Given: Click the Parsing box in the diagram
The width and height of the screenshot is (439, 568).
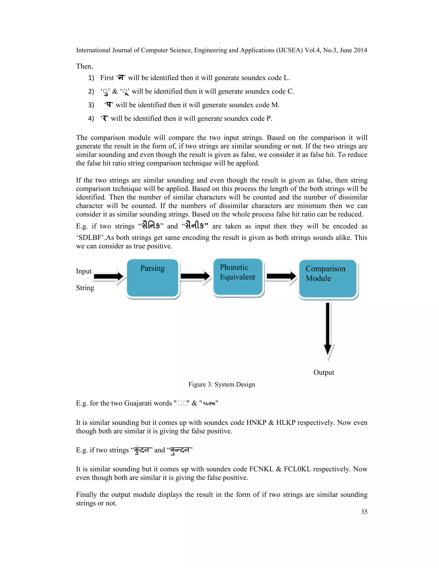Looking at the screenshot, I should [153, 278].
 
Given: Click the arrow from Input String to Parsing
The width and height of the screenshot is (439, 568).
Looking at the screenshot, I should [109, 276].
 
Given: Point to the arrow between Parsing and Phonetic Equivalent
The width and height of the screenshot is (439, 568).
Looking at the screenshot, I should [195, 276].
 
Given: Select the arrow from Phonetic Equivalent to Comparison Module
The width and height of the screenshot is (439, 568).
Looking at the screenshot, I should [281, 276].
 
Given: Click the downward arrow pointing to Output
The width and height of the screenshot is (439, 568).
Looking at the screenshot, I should [328, 330].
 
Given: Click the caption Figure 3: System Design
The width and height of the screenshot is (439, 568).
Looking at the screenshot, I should [222, 384].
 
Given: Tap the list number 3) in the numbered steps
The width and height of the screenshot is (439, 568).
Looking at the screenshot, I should [91, 105].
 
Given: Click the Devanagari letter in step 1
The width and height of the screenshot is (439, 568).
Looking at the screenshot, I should [121, 78].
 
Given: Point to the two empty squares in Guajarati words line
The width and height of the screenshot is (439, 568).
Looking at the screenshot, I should [183, 403].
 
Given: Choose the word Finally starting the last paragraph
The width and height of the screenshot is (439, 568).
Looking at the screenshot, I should [87, 495].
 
